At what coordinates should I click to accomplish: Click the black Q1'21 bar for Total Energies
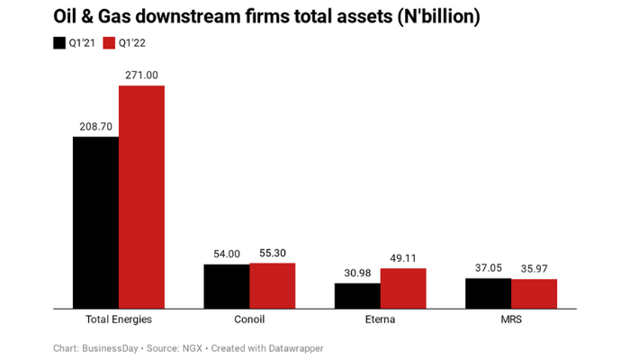pyautogui.click(x=95, y=222)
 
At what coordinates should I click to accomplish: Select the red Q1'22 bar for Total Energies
pyautogui.click(x=141, y=197)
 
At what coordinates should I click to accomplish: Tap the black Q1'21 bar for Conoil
pyautogui.click(x=226, y=286)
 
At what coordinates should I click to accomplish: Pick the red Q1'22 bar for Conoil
pyautogui.click(x=272, y=285)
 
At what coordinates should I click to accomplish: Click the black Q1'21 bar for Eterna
pyautogui.click(x=357, y=296)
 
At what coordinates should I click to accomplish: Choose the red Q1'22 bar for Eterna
pyautogui.click(x=403, y=288)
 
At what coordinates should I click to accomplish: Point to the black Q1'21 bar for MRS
pyautogui.click(x=488, y=293)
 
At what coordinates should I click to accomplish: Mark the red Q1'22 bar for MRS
pyautogui.click(x=534, y=293)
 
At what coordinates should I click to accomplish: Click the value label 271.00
pyautogui.click(x=141, y=76)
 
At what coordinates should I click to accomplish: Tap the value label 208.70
pyautogui.click(x=95, y=127)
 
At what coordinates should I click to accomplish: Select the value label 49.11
pyautogui.click(x=403, y=258)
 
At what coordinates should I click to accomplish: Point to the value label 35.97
pyautogui.click(x=534, y=269)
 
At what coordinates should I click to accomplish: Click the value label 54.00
pyautogui.click(x=226, y=255)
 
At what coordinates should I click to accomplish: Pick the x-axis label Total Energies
pyautogui.click(x=118, y=319)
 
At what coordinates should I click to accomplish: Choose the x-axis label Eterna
pyautogui.click(x=380, y=319)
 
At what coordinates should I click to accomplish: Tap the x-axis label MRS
pyautogui.click(x=511, y=319)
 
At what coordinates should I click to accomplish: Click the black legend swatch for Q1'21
pyautogui.click(x=59, y=42)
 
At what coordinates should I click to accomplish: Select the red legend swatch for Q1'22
pyautogui.click(x=110, y=42)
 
